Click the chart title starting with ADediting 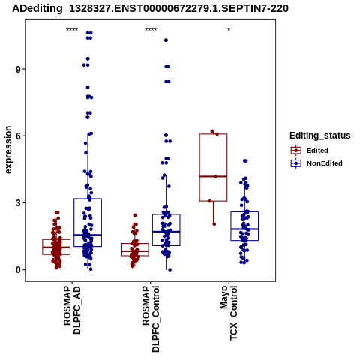(150, 8)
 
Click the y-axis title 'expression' (8, 150)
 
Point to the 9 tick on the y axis (18, 69)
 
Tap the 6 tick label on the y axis (18, 136)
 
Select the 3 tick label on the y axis (18, 203)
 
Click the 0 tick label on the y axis (18, 270)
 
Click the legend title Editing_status (320, 136)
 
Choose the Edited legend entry (309, 151)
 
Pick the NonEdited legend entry (316, 163)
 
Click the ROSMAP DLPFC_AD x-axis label (72, 310)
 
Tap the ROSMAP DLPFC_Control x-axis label (151, 319)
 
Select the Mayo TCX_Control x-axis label (229, 313)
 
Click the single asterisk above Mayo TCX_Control (229, 30)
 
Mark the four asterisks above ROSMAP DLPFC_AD (72, 30)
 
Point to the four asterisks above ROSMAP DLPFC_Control (151, 30)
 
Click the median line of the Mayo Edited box (213, 176)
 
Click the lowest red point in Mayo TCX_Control (214, 224)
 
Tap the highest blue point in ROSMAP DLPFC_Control (166, 40)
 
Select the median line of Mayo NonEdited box (244, 229)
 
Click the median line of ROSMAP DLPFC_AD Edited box (56, 247)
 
